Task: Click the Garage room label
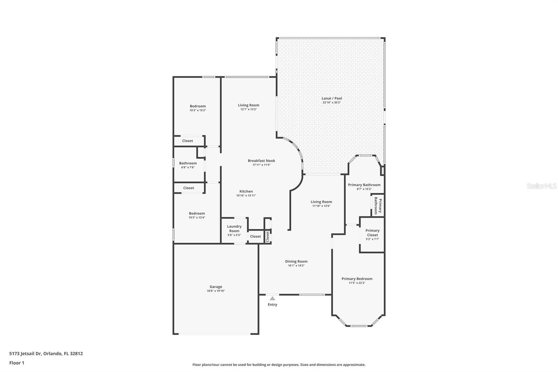click(x=216, y=287)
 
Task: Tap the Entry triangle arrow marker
click(x=272, y=298)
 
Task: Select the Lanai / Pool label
click(x=332, y=98)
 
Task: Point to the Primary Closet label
click(x=372, y=233)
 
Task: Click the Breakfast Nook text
click(x=261, y=161)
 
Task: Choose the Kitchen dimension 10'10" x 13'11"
click(x=246, y=195)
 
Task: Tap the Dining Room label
click(x=296, y=261)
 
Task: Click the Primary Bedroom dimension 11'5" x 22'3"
click(x=357, y=283)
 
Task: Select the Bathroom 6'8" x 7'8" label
click(x=188, y=163)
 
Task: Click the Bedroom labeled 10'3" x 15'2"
click(x=198, y=106)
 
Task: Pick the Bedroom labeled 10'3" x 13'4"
click(x=197, y=214)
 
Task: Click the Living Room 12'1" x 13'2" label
click(x=248, y=105)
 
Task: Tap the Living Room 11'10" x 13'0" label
click(x=321, y=202)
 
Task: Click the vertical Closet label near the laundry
click(x=267, y=236)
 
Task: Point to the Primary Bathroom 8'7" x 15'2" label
click(x=364, y=185)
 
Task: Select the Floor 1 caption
click(x=17, y=363)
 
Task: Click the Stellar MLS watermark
click(x=541, y=186)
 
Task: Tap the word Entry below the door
click(x=272, y=305)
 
